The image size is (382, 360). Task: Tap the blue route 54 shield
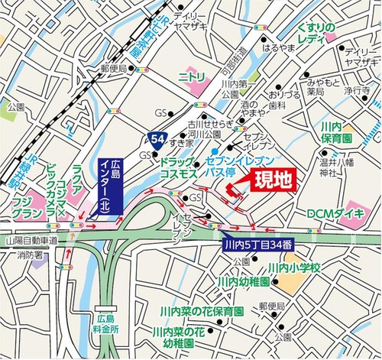[x=156, y=138]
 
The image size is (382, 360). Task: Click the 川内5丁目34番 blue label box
[x=256, y=246]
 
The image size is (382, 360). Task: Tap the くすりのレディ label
[x=316, y=34]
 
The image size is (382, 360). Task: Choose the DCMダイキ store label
[x=336, y=212]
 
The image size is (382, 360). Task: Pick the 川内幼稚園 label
[x=242, y=282]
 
